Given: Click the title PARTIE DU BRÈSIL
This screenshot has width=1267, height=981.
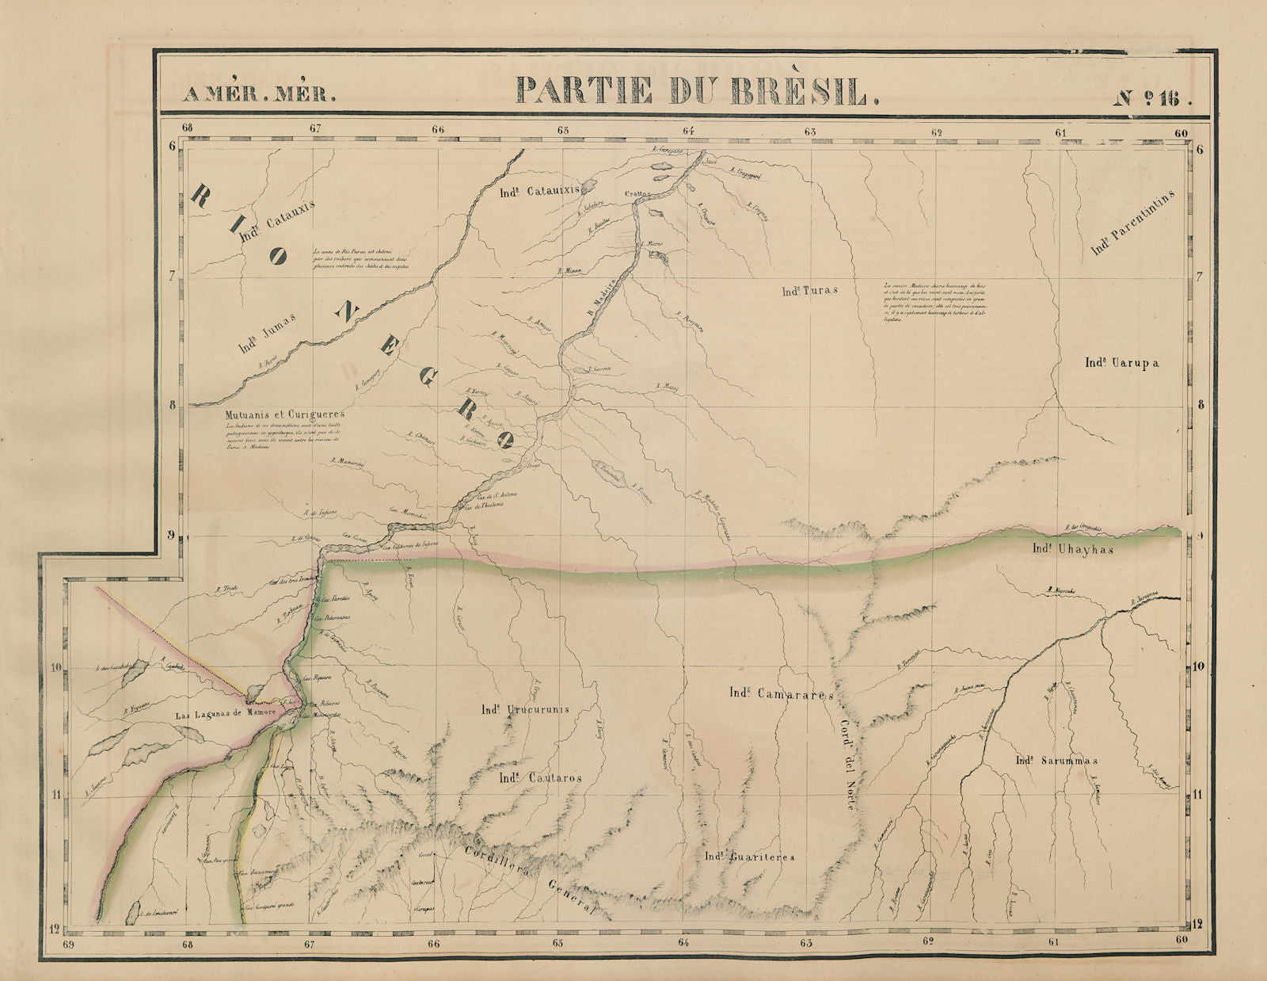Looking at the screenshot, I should (x=697, y=91).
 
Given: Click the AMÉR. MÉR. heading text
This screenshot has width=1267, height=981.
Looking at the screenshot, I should (x=258, y=94).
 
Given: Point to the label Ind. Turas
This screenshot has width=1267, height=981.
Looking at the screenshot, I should (x=809, y=291).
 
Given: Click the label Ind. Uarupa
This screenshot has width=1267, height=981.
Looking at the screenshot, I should (x=1121, y=363).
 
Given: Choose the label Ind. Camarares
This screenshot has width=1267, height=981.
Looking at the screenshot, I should (x=781, y=693).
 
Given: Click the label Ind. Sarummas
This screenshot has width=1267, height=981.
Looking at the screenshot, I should (x=1056, y=761).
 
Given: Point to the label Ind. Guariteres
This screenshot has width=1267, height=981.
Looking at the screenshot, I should (x=749, y=857).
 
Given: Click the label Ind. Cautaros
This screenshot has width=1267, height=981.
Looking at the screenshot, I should (x=540, y=778).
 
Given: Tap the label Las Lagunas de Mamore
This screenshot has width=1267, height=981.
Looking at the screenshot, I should (x=225, y=713).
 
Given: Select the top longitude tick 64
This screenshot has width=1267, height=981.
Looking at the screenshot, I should (x=687, y=131).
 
